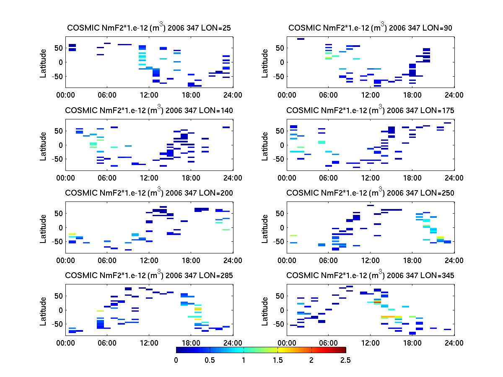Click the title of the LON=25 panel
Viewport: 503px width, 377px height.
(x=149, y=28)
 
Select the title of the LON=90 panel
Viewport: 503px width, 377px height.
(x=370, y=28)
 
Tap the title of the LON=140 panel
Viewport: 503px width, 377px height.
(x=149, y=110)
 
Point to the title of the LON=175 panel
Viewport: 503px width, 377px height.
(x=370, y=110)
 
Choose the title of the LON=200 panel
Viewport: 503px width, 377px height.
(x=149, y=193)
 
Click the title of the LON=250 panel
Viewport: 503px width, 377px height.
(x=370, y=193)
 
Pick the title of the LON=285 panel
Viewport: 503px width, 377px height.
(x=149, y=275)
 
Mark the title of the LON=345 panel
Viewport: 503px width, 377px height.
(x=370, y=275)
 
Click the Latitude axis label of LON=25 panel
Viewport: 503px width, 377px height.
(x=43, y=63)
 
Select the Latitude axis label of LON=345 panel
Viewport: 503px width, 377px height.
(x=264, y=310)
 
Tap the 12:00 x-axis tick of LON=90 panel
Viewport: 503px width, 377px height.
(x=371, y=96)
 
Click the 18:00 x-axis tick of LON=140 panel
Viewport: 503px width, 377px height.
(x=191, y=178)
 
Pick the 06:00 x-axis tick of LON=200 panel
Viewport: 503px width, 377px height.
(x=107, y=261)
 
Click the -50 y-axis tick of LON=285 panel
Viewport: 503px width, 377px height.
(x=57, y=324)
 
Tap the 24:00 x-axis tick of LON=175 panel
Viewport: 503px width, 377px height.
(x=454, y=178)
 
